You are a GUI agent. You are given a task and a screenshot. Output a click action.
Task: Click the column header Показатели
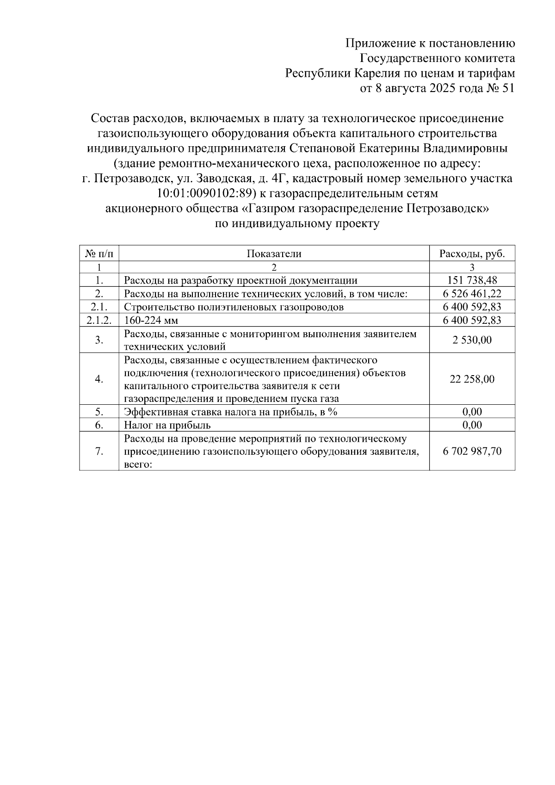click(274, 253)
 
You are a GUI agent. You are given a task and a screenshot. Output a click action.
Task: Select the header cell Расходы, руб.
click(472, 253)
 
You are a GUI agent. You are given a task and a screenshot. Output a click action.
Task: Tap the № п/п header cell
click(99, 253)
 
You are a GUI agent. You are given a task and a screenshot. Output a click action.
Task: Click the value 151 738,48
click(472, 280)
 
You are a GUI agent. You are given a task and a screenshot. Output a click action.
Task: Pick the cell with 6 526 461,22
click(472, 293)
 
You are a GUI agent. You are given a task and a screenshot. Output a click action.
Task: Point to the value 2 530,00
click(472, 340)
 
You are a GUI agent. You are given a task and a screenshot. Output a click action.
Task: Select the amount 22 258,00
click(472, 379)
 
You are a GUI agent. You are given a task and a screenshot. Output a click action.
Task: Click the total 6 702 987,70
click(472, 451)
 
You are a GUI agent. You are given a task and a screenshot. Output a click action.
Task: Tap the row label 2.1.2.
click(99, 320)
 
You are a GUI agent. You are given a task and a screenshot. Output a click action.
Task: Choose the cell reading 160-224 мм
click(151, 320)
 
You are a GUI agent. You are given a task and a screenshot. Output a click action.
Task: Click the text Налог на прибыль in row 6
click(167, 425)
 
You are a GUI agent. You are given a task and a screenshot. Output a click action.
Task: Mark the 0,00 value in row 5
click(472, 412)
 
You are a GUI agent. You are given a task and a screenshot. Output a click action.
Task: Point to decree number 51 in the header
click(507, 88)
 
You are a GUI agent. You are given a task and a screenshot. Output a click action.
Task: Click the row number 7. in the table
click(99, 451)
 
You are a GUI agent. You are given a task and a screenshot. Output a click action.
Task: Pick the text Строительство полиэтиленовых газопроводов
click(234, 307)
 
